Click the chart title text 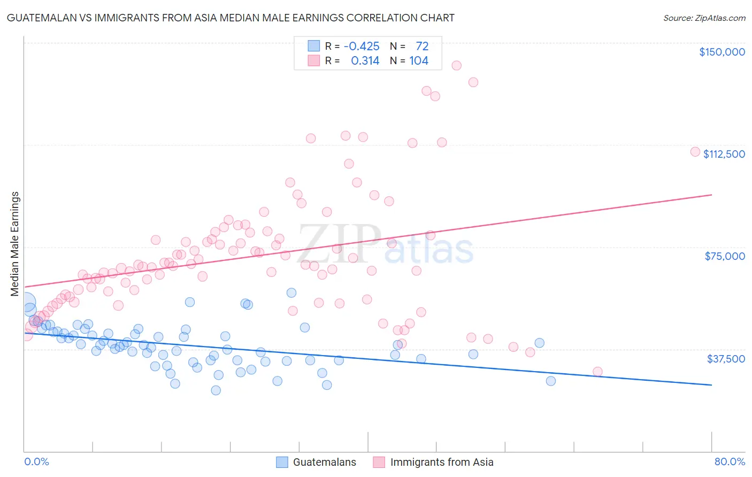(x=231, y=18)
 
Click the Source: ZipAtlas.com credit (x=704, y=18)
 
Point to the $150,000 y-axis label (x=722, y=52)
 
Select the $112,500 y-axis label (x=724, y=154)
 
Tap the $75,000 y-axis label (x=725, y=256)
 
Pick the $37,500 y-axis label (x=725, y=359)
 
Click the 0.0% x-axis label (x=36, y=461)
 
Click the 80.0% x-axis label (x=730, y=461)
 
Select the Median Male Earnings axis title (x=15, y=244)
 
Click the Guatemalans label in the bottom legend (x=324, y=462)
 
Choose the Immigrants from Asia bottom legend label (x=442, y=462)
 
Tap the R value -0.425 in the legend (x=362, y=47)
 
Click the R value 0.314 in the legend (x=365, y=61)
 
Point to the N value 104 (x=419, y=61)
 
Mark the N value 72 (x=422, y=47)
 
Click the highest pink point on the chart (x=456, y=65)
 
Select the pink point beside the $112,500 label (x=695, y=151)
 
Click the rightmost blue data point (x=550, y=381)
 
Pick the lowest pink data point (x=597, y=372)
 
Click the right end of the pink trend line (x=711, y=195)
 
